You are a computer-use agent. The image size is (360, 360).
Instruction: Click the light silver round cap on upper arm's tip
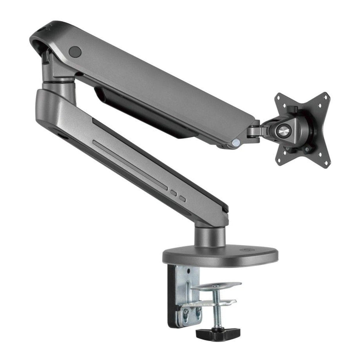click(236, 143)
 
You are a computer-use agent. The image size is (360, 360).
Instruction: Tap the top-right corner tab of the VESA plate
click(325, 97)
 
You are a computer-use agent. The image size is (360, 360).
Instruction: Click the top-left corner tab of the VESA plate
click(280, 98)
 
